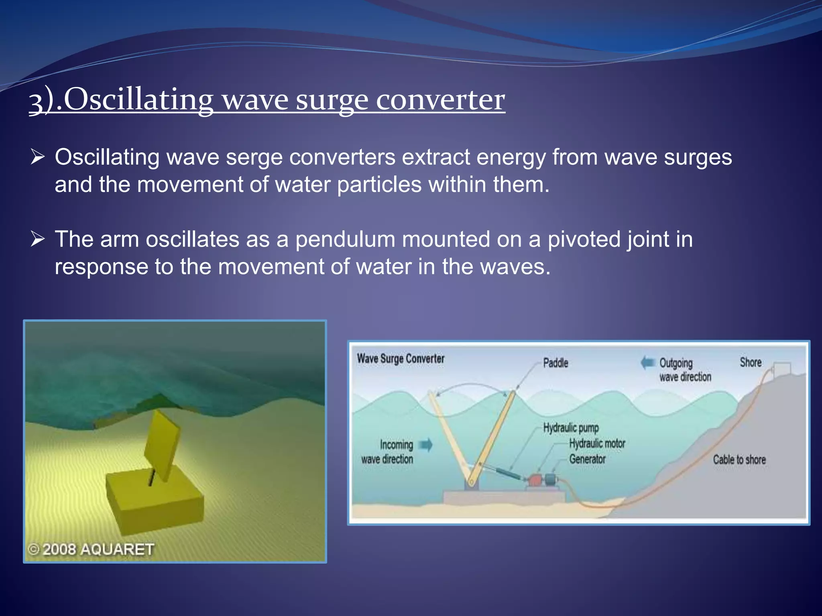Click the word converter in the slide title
(440, 100)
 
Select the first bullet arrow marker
(37, 157)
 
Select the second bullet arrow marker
(37, 240)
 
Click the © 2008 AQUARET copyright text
(91, 549)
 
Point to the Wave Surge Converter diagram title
(401, 359)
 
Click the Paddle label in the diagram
(555, 363)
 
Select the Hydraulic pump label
(571, 428)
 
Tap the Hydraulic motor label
(597, 444)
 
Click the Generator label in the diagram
(587, 459)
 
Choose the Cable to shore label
(739, 460)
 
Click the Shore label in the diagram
(751, 363)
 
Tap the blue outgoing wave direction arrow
(647, 363)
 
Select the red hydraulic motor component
(535, 480)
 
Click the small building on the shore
(782, 368)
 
